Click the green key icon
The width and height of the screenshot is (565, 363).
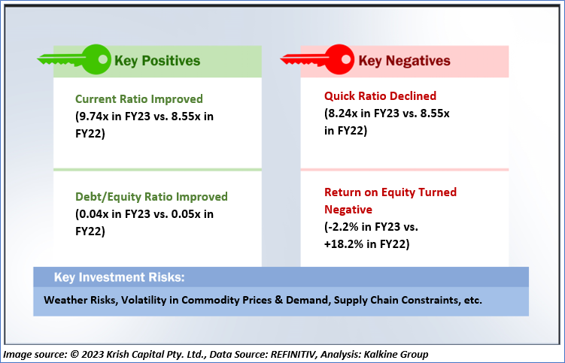click(x=74, y=59)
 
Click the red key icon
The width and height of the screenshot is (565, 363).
click(x=317, y=59)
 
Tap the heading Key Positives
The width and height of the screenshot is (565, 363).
click(x=157, y=60)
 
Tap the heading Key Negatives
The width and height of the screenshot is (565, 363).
click(x=404, y=60)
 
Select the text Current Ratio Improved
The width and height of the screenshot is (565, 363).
click(x=139, y=99)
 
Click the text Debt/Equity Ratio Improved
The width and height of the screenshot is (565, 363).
click(x=151, y=197)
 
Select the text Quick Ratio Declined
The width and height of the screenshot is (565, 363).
click(x=380, y=95)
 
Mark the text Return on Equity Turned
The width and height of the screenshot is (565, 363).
click(x=390, y=192)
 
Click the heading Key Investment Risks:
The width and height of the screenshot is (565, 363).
click(x=120, y=277)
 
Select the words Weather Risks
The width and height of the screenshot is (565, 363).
click(x=80, y=300)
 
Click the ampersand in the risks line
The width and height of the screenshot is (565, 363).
click(x=278, y=300)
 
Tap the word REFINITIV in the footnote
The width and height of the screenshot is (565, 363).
click(x=293, y=355)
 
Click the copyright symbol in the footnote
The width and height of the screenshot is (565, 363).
click(x=74, y=355)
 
